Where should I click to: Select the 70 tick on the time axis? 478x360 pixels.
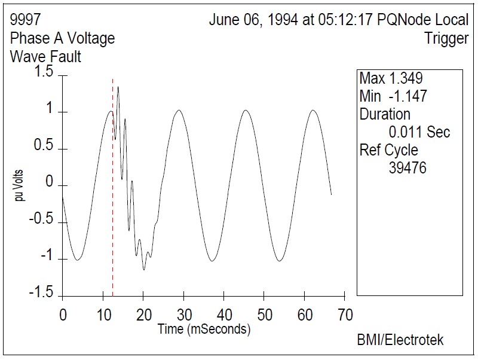(345, 315)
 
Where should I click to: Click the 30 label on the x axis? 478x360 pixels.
(184, 315)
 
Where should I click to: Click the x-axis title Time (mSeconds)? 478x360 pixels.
(204, 329)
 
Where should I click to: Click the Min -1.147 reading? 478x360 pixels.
(393, 96)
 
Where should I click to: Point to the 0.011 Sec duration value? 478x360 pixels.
(419, 132)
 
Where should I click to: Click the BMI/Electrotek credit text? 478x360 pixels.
(400, 340)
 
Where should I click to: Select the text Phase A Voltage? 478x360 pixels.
(62, 38)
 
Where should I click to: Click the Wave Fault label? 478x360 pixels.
(45, 57)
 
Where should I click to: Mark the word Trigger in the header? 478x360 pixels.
(446, 38)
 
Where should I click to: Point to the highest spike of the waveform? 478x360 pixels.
(118, 87)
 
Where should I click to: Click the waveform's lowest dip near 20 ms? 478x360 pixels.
(143, 269)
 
